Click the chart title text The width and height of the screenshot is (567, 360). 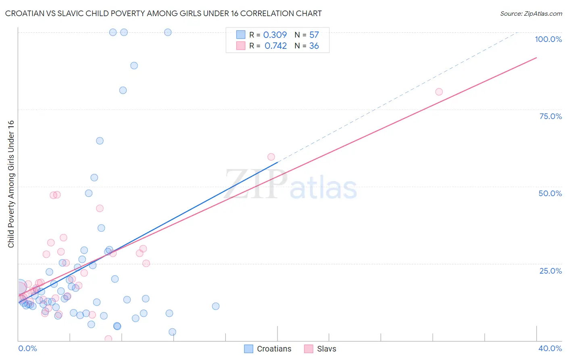coord(163,13)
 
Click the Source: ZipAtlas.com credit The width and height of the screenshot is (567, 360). coord(531,13)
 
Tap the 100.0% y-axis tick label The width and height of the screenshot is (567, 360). coord(548,39)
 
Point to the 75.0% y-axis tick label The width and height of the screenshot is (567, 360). coord(550,116)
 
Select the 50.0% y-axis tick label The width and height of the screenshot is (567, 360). coord(550,193)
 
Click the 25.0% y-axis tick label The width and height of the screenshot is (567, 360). coord(550,270)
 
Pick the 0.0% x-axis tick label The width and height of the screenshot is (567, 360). coord(27,348)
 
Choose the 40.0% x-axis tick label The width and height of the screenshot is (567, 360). coord(550,348)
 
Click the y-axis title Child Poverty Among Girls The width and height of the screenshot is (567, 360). coord(11,184)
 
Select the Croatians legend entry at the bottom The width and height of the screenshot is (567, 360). coord(268,349)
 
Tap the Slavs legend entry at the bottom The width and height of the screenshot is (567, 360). coord(320,349)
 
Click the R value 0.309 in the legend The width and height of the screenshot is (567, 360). coord(275,35)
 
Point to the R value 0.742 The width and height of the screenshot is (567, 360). coord(275,46)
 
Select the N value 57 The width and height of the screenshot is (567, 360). coord(314,35)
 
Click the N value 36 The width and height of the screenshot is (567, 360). coord(314,46)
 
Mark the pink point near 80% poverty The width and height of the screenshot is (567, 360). coord(439,92)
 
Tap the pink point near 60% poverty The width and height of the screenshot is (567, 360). coord(271,157)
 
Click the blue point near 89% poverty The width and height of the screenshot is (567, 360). coord(134,65)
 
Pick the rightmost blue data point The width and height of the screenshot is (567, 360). coord(216,306)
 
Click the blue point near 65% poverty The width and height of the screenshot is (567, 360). coord(100,141)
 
